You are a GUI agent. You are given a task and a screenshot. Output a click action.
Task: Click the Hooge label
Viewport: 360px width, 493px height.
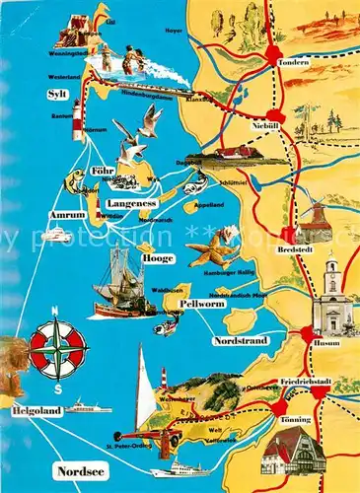157,258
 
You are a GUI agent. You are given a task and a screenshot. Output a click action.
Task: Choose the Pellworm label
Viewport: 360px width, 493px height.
202,304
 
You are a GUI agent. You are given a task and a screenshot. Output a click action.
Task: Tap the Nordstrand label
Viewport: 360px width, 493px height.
239,341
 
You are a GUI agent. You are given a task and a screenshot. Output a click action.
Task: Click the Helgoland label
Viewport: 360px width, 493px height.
36,408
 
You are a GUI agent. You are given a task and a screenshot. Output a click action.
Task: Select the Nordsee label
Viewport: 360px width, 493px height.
79,469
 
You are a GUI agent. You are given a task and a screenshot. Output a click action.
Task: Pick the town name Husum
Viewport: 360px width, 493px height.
329,344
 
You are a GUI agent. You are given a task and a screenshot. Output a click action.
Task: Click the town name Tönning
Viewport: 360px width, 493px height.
293,419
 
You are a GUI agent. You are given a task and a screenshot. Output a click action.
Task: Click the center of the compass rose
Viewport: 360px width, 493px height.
57,347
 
